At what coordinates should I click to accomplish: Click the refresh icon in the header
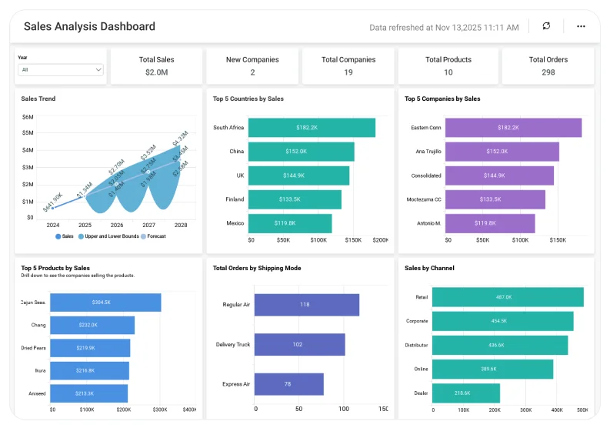coord(546,26)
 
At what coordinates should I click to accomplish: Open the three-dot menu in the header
coord(581,26)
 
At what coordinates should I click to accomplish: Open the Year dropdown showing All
coord(61,69)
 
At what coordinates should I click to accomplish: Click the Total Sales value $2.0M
coord(156,72)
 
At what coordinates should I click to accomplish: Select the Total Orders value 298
coord(548,72)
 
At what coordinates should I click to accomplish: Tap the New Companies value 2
coord(252,72)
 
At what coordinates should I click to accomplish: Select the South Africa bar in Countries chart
coord(312,128)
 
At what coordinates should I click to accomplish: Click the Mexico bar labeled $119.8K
coord(290,223)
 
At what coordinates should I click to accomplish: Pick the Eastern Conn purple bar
coord(513,128)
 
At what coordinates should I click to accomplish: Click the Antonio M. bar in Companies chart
coord(490,223)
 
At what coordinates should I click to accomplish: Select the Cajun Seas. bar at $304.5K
coord(105,303)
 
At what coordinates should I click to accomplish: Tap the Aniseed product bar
coord(89,393)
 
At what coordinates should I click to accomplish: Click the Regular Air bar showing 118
coord(306,305)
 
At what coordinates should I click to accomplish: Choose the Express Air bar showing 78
coord(288,384)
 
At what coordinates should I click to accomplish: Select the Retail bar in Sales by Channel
coord(508,297)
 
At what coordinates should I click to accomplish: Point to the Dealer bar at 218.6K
coord(465,393)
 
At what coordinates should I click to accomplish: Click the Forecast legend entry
coord(153,236)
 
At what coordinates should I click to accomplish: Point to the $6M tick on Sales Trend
coord(28,117)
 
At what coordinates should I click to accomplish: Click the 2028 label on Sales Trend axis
coord(181,226)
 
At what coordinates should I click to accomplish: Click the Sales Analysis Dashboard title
coord(89,26)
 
